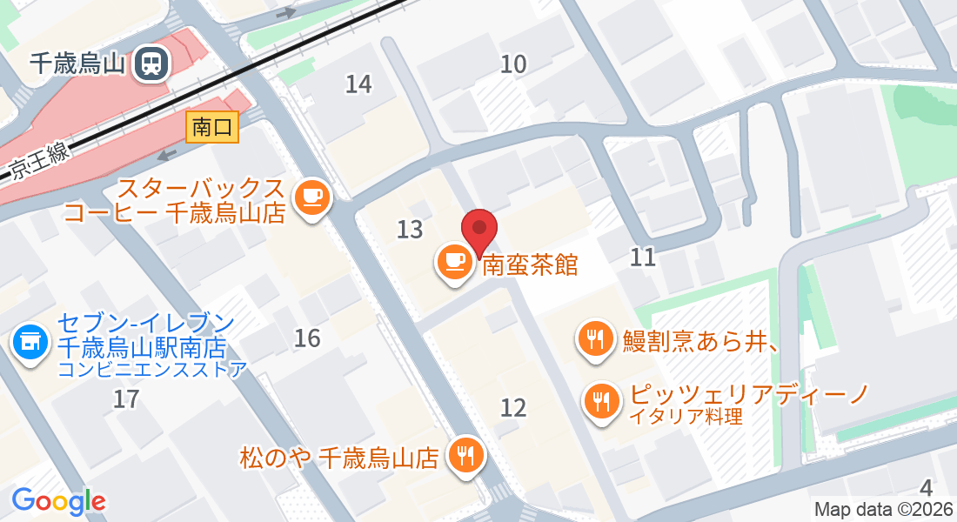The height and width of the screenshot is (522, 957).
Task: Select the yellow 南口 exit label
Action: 212,128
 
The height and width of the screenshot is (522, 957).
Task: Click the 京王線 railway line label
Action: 39,163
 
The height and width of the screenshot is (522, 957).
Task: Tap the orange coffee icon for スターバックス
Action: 311,197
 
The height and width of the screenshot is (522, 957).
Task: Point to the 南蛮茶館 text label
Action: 530,264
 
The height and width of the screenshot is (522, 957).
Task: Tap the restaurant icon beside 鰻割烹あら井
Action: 596,338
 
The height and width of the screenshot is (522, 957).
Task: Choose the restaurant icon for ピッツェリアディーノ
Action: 601,401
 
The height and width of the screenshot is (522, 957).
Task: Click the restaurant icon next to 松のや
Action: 465,455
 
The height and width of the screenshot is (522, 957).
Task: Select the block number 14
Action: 358,84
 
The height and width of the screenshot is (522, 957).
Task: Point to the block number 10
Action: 513,63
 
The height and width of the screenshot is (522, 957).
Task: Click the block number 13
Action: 410,230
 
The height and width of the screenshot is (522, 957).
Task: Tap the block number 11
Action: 643,257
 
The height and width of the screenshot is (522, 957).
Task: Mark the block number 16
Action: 307,338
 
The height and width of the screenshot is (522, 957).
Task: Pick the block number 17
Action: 127,399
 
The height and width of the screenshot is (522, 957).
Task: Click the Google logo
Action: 58,501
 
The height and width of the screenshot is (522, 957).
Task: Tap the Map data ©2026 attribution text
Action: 882,510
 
